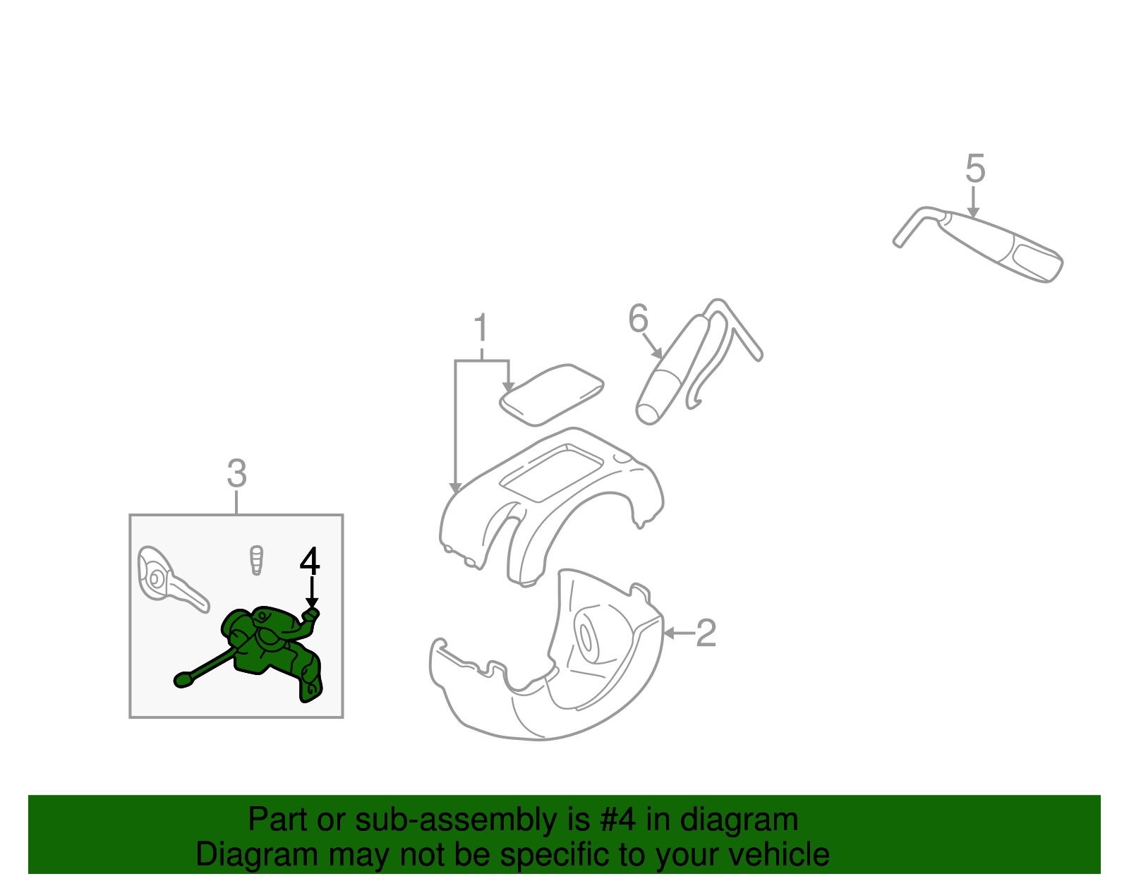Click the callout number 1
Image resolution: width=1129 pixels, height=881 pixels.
click(x=481, y=329)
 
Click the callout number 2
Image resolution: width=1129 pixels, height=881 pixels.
click(x=706, y=633)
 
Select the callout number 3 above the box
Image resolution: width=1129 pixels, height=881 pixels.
click(x=236, y=474)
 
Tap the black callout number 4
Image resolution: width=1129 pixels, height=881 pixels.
click(x=310, y=561)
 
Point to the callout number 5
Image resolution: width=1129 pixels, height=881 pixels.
click(x=974, y=169)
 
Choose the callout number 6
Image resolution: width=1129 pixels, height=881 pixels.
click(x=637, y=319)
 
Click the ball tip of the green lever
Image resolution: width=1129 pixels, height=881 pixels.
click(x=183, y=680)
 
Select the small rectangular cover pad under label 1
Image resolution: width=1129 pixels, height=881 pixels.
click(x=550, y=395)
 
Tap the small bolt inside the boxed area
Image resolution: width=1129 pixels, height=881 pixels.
click(x=256, y=560)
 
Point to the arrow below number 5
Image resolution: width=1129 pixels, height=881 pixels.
click(x=974, y=204)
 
